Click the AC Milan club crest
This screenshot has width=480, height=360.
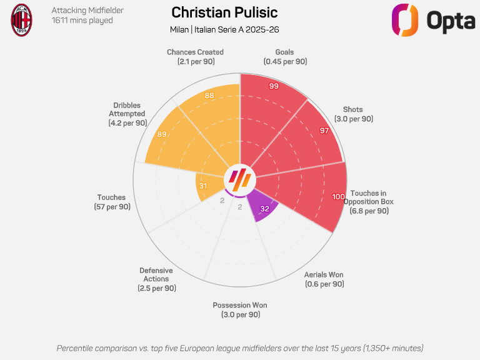(x=21, y=20)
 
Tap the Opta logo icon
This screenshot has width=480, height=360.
(x=405, y=20)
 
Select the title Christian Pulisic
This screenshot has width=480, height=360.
(x=224, y=12)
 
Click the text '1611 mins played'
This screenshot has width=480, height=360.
(x=82, y=21)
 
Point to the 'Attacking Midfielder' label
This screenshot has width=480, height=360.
(x=87, y=11)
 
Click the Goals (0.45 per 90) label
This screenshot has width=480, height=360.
(x=285, y=57)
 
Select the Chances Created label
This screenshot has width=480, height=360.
(x=195, y=57)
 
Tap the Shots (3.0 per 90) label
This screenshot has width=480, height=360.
(x=354, y=114)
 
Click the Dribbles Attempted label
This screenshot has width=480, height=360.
(x=127, y=114)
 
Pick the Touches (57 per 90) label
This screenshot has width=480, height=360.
(x=112, y=202)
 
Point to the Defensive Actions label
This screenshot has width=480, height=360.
(x=156, y=279)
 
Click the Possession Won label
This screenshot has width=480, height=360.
(x=240, y=310)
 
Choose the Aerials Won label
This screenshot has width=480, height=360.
(x=324, y=279)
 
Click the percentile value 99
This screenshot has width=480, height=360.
(x=274, y=86)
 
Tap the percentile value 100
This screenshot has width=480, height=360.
(x=338, y=196)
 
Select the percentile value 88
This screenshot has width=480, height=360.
(x=209, y=96)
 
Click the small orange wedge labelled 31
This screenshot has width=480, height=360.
(x=207, y=186)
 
